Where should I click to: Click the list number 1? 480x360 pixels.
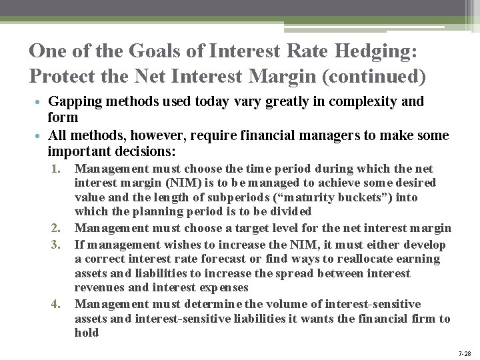tap(56, 168)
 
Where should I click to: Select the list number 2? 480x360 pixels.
tap(56, 228)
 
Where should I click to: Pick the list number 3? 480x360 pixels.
tap(56, 243)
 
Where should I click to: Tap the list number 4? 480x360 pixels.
tap(56, 303)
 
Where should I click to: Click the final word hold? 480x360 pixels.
tap(87, 333)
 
